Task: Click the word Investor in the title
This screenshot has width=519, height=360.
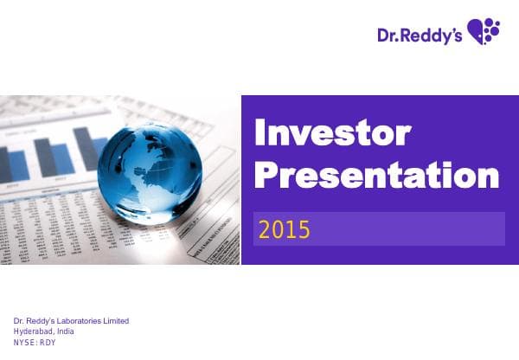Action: pyautogui.click(x=330, y=133)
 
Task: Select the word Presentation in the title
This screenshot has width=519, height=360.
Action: pyautogui.click(x=377, y=176)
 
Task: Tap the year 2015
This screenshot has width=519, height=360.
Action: pyautogui.click(x=285, y=230)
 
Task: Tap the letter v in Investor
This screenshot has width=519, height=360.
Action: pyautogui.click(x=308, y=136)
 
